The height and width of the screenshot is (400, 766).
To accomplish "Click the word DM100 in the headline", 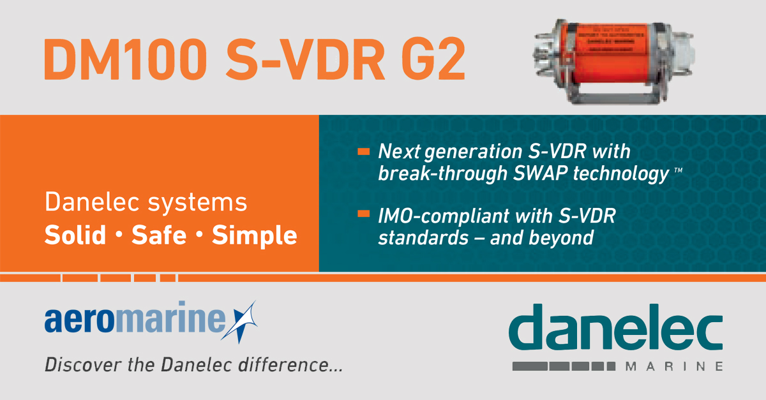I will click(x=124, y=59).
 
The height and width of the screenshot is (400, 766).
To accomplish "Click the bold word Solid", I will click(x=75, y=236).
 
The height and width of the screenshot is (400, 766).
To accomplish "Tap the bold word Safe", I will click(x=159, y=236).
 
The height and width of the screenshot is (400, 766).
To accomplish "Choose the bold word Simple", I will click(x=254, y=236).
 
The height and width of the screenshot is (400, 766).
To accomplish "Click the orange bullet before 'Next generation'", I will click(x=364, y=152).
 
